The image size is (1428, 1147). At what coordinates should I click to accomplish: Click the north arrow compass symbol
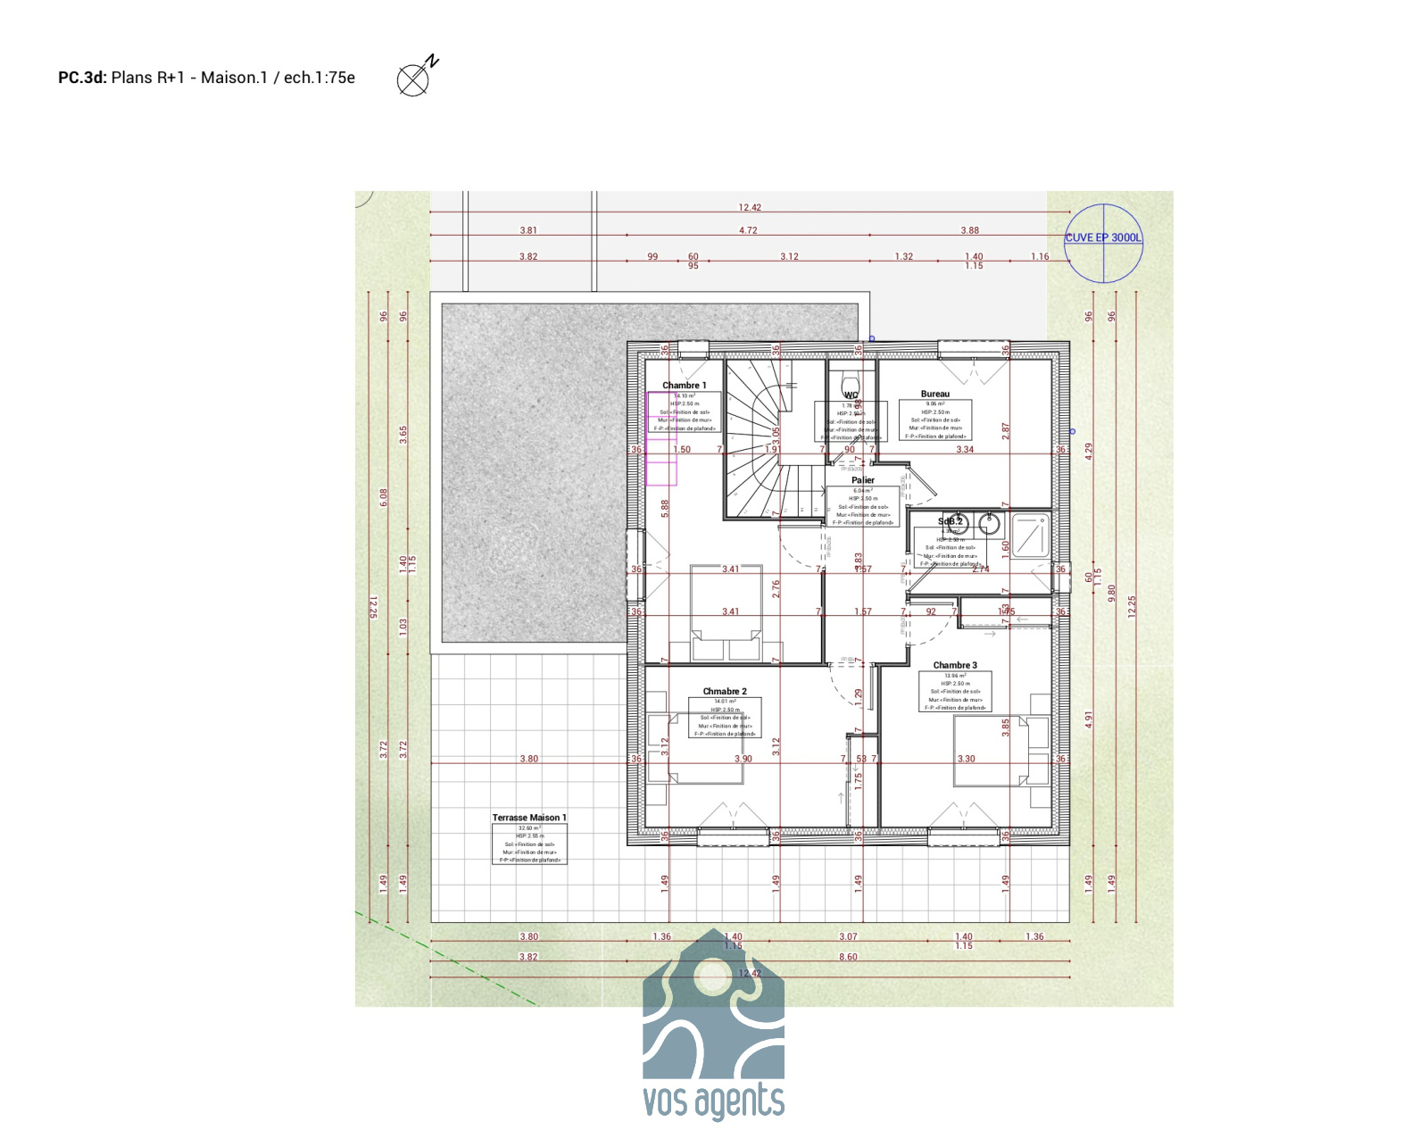coord(414,79)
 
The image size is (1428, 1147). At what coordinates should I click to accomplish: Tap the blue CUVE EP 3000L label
coord(1102,237)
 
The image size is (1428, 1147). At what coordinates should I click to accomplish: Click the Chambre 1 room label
coord(684,386)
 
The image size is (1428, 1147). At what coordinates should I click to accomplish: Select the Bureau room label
coord(934,394)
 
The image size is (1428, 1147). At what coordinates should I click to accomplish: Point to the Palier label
coord(862,480)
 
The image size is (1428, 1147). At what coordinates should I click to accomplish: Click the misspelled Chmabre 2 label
coord(724,691)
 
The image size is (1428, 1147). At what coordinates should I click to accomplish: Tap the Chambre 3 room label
coord(954,665)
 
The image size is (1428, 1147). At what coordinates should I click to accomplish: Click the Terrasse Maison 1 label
coord(528,818)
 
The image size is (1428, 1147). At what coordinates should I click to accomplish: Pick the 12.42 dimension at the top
coord(750,207)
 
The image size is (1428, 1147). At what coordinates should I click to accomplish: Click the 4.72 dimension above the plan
coord(748,230)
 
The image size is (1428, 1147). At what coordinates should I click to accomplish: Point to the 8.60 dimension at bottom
coord(847,957)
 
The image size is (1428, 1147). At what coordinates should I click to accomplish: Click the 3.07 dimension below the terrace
coord(847,936)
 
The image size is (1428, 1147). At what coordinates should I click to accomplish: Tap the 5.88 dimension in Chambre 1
coord(665,508)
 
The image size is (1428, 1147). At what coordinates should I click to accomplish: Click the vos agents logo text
coord(713,1101)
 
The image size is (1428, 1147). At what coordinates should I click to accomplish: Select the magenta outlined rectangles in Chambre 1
coord(660,438)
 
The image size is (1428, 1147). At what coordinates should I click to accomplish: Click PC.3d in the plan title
coord(82,78)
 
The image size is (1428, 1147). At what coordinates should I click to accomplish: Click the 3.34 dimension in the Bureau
coord(965,449)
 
